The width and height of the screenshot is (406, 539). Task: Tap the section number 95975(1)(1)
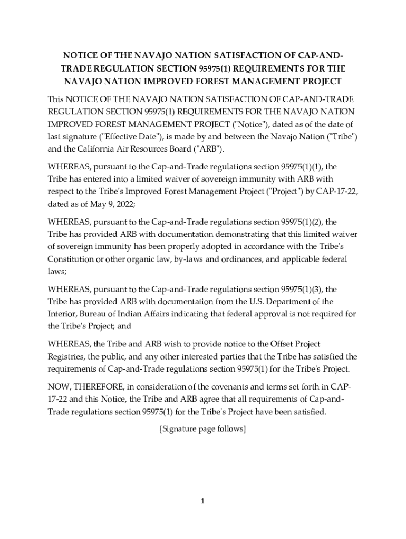coord(303,167)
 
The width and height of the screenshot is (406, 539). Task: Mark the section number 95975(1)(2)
coord(303,222)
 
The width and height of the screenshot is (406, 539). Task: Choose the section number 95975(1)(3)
coord(303,289)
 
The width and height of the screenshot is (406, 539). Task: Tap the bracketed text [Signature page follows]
coord(202,429)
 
